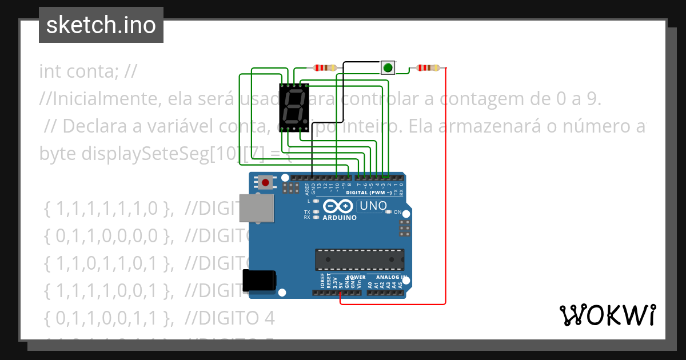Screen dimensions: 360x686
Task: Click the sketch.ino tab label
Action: pos(101,25)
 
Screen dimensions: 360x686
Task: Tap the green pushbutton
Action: pos(388,68)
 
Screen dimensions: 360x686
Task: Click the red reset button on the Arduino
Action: pos(265,183)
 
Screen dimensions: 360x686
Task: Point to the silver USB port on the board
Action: pos(255,208)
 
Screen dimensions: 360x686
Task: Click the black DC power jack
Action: pos(259,281)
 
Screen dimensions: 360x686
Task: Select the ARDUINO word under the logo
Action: pos(340,218)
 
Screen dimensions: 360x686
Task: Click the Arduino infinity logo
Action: pos(338,206)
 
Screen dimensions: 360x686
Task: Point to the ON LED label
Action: pos(397,212)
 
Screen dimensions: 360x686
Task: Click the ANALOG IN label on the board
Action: pos(391,277)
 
